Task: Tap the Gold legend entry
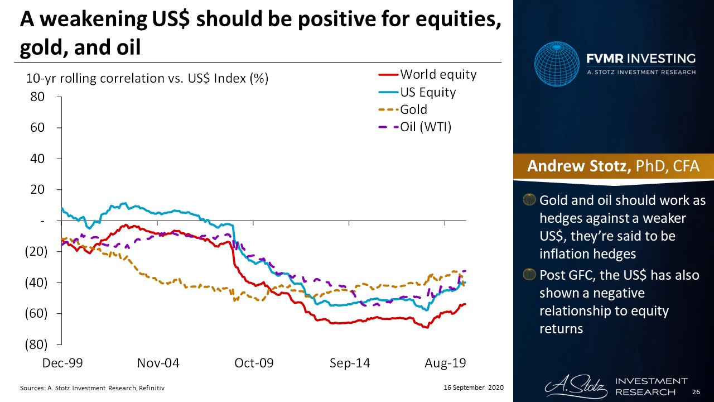[x=413, y=109]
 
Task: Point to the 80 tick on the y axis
[x=37, y=97]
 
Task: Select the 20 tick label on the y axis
[x=37, y=190]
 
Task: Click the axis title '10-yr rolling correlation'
[x=148, y=79]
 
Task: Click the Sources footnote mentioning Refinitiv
[x=92, y=387]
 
